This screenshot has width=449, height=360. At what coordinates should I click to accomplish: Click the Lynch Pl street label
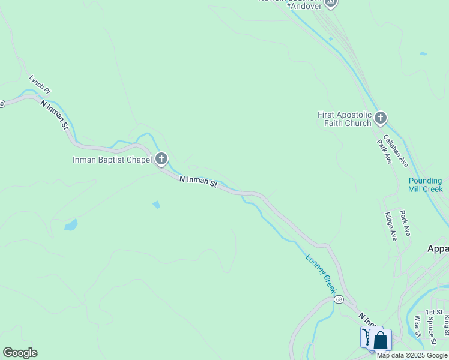click(x=40, y=84)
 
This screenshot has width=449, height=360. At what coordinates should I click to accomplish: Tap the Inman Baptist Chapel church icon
click(x=161, y=159)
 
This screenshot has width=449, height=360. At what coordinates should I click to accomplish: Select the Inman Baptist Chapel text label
click(x=112, y=160)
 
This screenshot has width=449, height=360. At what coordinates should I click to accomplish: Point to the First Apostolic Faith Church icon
click(x=381, y=118)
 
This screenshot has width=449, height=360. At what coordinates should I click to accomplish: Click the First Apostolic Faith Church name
click(x=344, y=119)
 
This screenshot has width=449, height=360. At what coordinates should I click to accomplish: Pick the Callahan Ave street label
click(x=396, y=151)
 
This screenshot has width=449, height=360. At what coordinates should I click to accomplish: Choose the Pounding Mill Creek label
click(x=425, y=185)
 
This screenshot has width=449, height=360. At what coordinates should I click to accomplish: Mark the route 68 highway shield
click(x=339, y=299)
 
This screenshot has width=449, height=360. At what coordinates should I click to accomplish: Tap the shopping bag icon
click(x=381, y=341)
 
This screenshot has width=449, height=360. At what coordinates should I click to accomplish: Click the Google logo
click(x=20, y=353)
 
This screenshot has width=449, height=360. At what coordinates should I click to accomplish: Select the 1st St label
click(x=434, y=313)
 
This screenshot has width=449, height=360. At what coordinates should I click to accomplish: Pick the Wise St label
click(x=418, y=327)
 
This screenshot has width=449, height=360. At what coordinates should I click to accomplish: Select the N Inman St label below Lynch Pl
click(x=56, y=117)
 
